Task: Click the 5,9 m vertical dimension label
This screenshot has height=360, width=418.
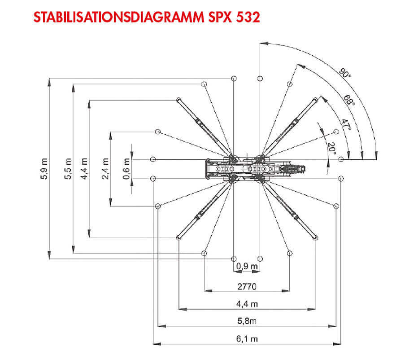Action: click(x=44, y=169)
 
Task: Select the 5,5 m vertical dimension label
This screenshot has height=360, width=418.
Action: click(x=68, y=169)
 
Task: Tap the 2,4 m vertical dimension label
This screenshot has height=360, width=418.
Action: click(x=105, y=169)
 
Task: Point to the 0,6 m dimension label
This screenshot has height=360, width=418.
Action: click(x=126, y=169)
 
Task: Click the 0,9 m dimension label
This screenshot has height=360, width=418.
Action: click(x=247, y=266)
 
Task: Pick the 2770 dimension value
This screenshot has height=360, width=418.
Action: click(x=247, y=286)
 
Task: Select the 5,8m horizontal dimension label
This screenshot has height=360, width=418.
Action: click(x=247, y=321)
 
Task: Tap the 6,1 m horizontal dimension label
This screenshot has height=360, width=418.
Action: click(x=247, y=339)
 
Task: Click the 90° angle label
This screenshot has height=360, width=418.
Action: click(x=345, y=73)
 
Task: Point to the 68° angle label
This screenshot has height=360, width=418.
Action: click(x=349, y=101)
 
